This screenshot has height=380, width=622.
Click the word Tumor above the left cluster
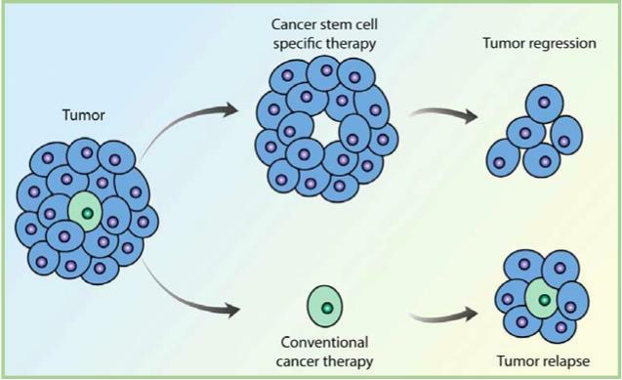[x=84, y=115]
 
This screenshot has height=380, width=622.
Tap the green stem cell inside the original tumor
[x=86, y=212]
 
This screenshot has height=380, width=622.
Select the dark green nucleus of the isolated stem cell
[x=327, y=308]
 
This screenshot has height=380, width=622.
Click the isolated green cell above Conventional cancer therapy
[x=325, y=306]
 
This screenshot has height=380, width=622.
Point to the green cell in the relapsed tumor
[x=542, y=299]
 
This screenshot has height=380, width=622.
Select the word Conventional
[x=324, y=342]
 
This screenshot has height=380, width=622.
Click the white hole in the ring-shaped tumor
[x=327, y=128]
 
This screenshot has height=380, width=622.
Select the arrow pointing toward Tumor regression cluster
[x=443, y=113]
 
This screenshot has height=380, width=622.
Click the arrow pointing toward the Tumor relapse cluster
[x=443, y=316]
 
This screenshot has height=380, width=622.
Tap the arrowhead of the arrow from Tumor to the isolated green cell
[x=231, y=310]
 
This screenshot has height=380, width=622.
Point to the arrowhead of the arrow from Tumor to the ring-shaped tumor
[x=229, y=109]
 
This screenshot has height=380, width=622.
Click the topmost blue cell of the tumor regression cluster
[x=544, y=104]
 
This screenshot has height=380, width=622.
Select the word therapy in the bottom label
[x=350, y=361]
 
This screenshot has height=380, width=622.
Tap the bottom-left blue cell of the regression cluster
[x=503, y=158]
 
